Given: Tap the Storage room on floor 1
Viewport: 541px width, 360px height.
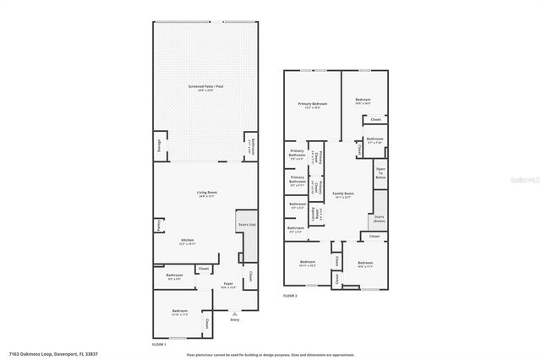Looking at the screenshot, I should coord(158,145).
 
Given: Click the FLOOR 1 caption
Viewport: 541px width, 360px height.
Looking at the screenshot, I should coord(159,344).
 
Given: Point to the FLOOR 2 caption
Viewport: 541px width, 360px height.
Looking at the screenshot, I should coord(291,296).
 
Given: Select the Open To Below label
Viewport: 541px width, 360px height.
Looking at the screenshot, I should coord(380,173).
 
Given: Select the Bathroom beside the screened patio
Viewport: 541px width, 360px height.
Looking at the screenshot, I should coord(249,145).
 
